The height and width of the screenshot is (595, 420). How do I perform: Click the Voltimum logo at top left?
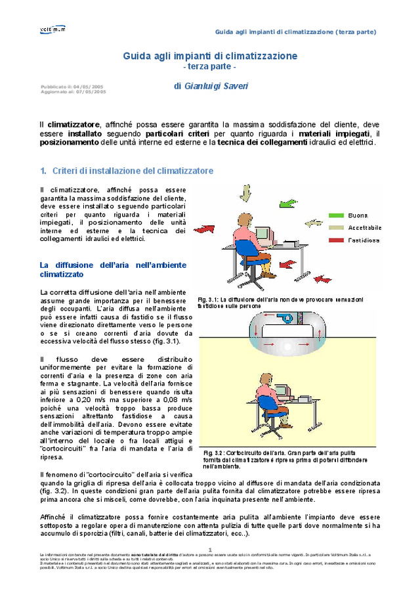pyautogui.click(x=52, y=29)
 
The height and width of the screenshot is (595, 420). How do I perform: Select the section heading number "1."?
pyautogui.click(x=43, y=171)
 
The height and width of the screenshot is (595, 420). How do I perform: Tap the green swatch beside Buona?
pyautogui.click(x=337, y=215)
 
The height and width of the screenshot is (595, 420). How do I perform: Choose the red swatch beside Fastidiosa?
pyautogui.click(x=337, y=240)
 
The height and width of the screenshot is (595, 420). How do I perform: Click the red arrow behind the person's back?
pyautogui.click(x=205, y=229)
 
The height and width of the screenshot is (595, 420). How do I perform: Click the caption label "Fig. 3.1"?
pyautogui.click(x=207, y=299)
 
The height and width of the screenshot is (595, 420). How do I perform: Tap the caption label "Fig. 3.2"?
pyautogui.click(x=213, y=453)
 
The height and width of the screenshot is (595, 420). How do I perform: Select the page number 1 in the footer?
pyautogui.click(x=210, y=550)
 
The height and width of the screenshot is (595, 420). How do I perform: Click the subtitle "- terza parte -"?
pyautogui.click(x=209, y=67)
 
